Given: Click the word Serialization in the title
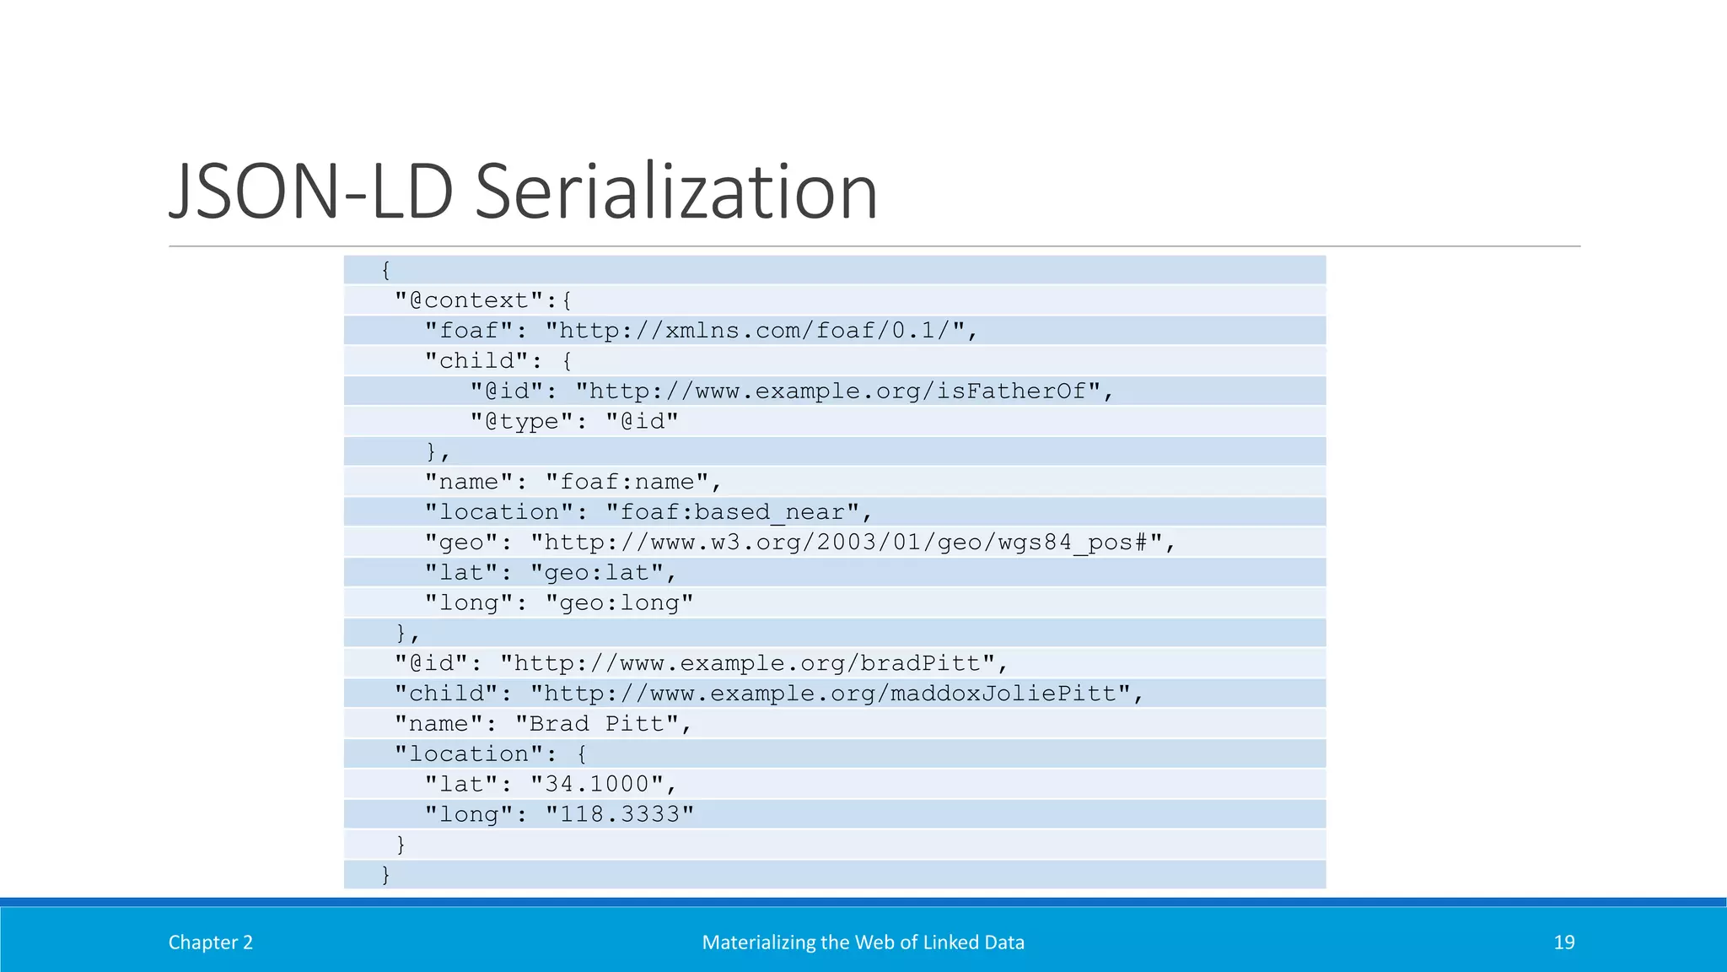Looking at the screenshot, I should [x=676, y=192].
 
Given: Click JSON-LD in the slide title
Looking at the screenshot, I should [x=312, y=192].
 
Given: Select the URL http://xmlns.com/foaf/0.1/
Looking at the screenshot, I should [x=755, y=331].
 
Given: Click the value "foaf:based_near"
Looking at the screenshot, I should [x=733, y=512].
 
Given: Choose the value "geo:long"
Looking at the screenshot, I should [x=619, y=603].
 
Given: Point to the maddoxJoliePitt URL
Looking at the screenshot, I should [x=830, y=694].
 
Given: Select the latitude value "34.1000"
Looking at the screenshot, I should [x=597, y=785].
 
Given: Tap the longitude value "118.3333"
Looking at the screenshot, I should [x=619, y=815].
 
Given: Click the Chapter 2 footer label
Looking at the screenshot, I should [x=211, y=942].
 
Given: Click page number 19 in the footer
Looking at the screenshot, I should [x=1564, y=942].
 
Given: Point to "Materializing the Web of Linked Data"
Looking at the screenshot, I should [x=863, y=942].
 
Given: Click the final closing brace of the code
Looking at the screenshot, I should [x=385, y=875].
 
